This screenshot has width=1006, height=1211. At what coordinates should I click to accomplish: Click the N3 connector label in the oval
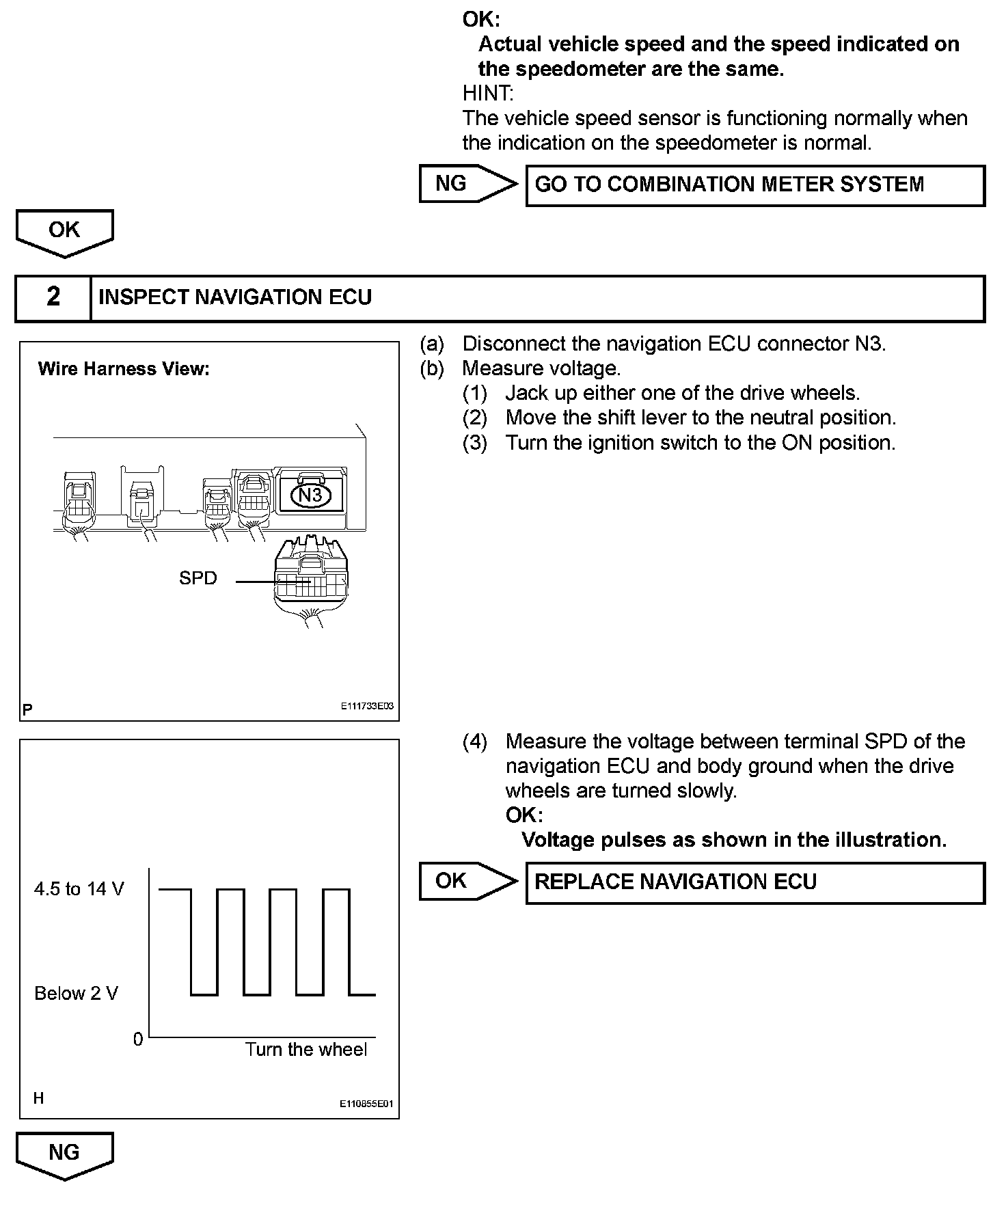311,495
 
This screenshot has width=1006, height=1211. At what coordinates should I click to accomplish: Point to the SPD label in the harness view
198,578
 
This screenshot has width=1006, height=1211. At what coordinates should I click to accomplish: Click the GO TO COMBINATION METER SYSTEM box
755,185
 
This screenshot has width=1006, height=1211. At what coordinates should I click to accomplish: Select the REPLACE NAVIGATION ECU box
755,882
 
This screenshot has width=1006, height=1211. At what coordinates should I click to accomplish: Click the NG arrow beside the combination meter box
467,184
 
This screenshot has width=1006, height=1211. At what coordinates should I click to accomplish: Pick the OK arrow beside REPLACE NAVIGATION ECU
467,881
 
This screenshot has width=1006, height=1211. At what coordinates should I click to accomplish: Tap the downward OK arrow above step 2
64,232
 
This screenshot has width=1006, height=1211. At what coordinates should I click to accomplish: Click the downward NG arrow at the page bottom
64,1155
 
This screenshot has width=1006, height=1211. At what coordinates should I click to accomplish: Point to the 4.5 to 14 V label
79,889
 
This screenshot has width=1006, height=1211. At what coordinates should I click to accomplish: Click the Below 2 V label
76,993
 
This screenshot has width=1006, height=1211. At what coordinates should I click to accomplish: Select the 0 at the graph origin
138,1039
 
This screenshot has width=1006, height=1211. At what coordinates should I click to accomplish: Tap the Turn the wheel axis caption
305,1050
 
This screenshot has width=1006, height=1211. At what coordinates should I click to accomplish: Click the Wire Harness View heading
124,369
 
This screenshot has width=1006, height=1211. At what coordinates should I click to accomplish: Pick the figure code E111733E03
367,707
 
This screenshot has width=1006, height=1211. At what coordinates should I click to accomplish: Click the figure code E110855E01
367,1103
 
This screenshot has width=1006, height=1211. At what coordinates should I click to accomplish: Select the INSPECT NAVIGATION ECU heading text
235,297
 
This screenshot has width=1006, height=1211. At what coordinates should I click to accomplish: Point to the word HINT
488,93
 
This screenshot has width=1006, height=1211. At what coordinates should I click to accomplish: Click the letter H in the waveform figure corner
38,1098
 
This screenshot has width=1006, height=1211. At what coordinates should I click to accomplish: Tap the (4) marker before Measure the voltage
474,741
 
